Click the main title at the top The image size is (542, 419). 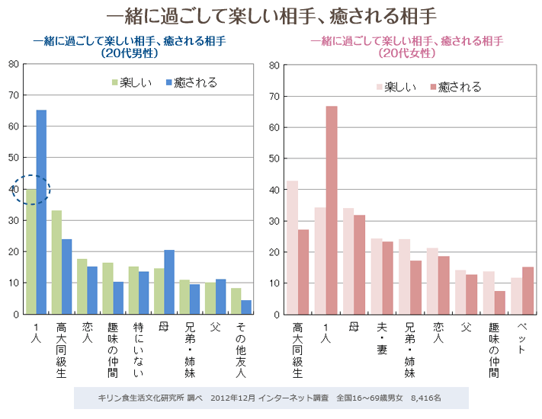click(x=271, y=16)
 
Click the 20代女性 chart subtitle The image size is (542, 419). click(x=406, y=47)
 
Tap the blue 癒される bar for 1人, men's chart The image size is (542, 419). click(x=41, y=212)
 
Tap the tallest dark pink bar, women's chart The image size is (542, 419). click(x=332, y=209)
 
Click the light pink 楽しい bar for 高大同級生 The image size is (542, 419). click(x=292, y=248)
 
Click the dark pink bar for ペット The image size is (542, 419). click(x=528, y=290)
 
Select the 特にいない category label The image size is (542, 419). click(x=138, y=349)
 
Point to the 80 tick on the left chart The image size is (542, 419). click(x=14, y=64)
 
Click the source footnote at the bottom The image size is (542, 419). click(x=270, y=398)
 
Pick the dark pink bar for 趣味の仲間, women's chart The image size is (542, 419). click(x=500, y=302)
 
